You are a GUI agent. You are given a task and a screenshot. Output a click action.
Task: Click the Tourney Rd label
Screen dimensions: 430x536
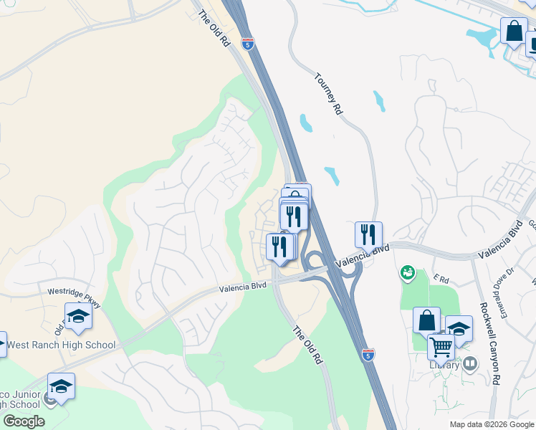coord(327,94)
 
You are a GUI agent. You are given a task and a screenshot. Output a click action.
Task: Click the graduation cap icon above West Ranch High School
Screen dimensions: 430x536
coord(78,315)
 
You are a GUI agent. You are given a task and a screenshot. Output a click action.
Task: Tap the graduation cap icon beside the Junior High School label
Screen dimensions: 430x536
coord(62,386)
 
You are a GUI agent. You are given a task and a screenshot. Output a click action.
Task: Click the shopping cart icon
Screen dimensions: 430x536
coord(441,347)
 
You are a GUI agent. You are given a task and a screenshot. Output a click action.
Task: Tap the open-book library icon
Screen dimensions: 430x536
coord(470,364)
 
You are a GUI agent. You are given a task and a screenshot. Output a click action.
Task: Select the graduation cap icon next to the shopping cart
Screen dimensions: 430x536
coord(459,328)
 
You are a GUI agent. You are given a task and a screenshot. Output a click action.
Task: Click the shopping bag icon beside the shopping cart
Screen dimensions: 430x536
coord(427,320)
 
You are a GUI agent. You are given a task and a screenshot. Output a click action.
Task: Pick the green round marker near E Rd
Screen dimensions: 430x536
coord(407,272)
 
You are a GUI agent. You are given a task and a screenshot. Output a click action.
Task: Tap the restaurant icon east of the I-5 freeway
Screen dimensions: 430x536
coord(368,234)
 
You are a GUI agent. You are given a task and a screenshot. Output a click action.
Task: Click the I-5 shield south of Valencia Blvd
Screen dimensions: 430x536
coord(368,355)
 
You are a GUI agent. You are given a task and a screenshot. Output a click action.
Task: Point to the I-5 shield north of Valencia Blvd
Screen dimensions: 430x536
coord(247,44)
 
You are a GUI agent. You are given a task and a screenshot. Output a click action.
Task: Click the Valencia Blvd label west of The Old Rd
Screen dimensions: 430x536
coord(242,287)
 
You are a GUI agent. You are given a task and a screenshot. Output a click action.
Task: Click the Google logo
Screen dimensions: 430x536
coord(24,421)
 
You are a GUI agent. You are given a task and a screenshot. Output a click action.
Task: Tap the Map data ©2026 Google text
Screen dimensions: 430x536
coord(491,424)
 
